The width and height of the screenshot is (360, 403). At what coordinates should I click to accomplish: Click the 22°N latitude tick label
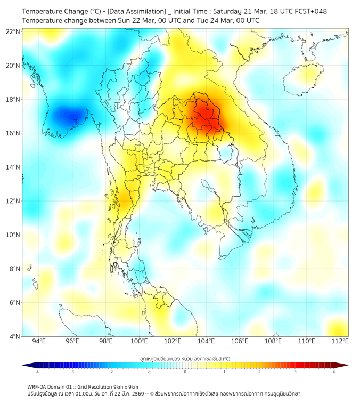pos(13,32)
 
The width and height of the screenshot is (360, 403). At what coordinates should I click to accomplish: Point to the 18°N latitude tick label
pos(13,100)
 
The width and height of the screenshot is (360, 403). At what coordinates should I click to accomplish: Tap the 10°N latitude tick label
pos(13,235)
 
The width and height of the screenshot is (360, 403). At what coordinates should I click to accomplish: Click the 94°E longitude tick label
pos(39,342)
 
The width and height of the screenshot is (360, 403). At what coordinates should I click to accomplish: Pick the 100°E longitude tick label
pos(139,342)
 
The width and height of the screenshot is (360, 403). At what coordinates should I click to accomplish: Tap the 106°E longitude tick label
pos(240,342)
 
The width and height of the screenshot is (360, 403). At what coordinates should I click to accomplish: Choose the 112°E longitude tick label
pos(340,342)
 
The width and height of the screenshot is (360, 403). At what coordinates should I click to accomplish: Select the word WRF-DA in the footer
pos(38,386)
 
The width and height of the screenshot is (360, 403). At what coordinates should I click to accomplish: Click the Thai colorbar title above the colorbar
pos(185,359)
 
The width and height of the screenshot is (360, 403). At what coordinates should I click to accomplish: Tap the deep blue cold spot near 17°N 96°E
pos(70,114)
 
